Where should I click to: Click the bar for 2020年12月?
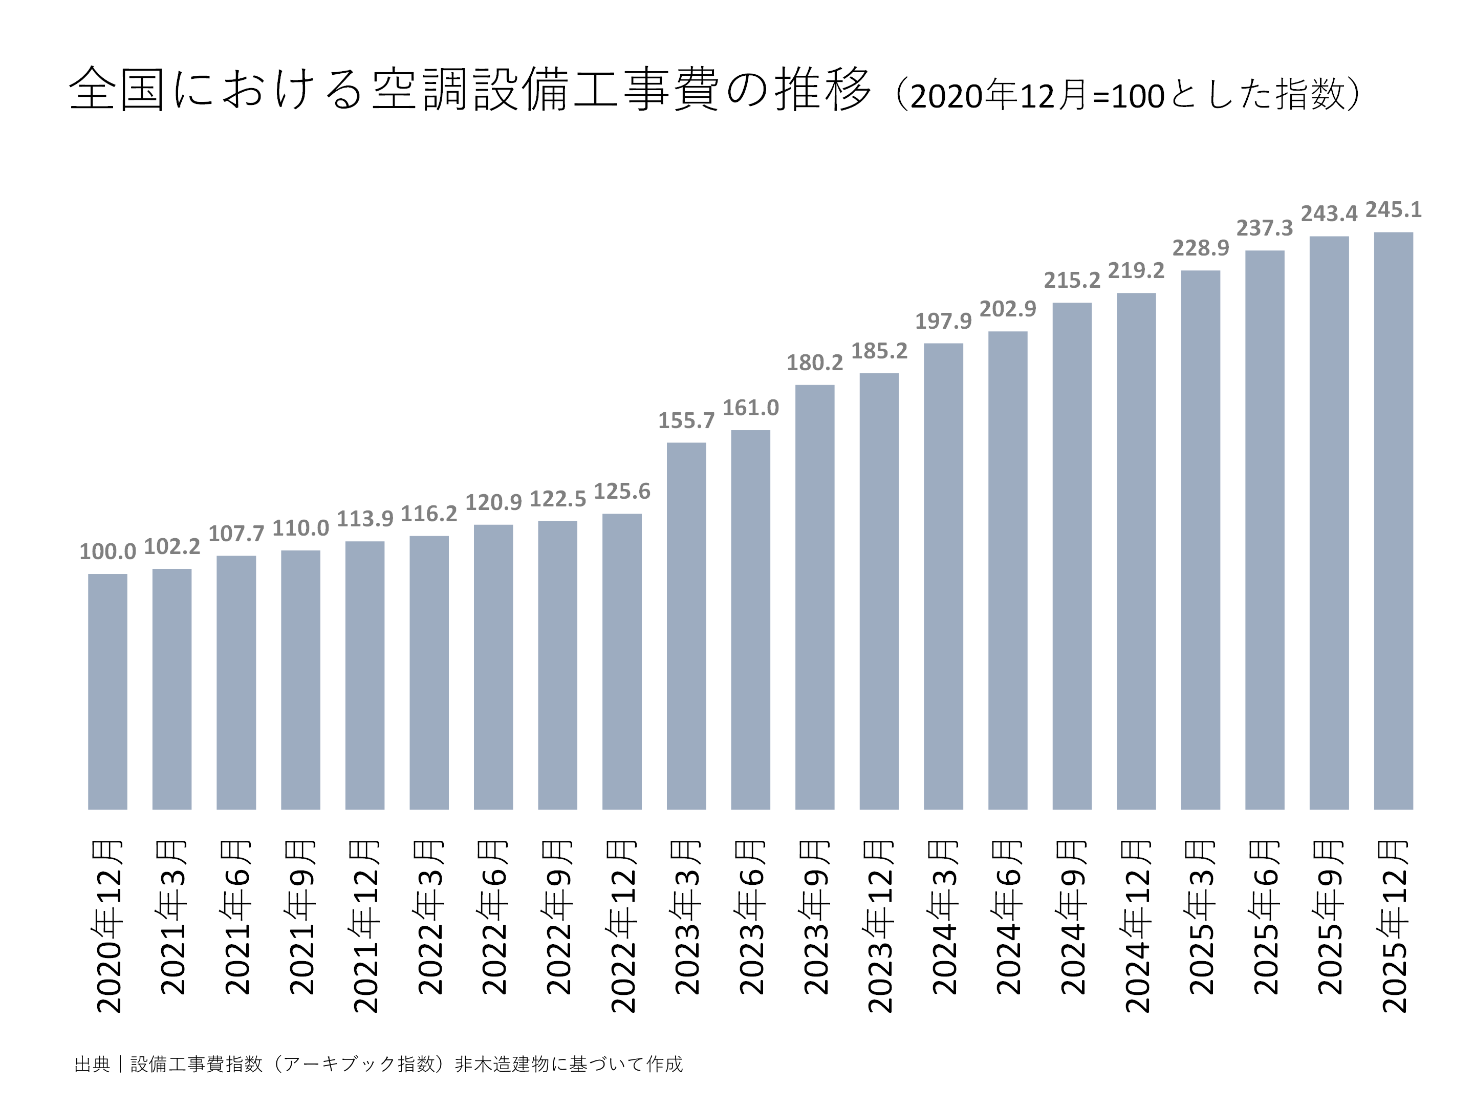coord(107,691)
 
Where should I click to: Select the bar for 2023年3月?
coord(686,626)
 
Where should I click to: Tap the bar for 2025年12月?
coord(1393,521)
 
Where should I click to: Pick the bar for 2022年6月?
coord(493,667)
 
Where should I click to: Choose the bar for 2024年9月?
coord(1072,556)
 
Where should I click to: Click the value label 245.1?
coord(1393,210)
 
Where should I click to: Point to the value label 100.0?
coord(107,551)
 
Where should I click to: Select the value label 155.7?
coord(686,421)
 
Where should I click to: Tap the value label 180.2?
coord(814,363)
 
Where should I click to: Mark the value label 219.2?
coord(1136,271)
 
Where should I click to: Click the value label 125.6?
coord(622,492)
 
